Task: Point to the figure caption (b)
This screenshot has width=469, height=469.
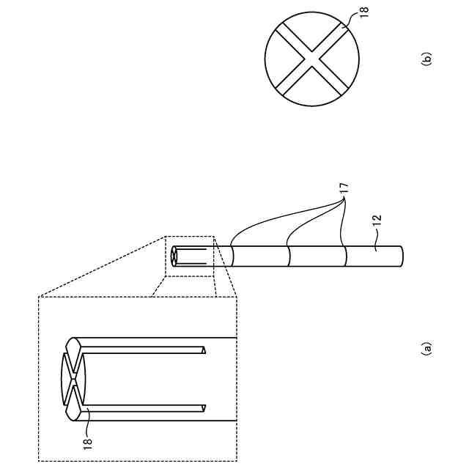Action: click(x=426, y=58)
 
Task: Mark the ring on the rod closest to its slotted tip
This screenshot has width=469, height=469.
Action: click(x=232, y=256)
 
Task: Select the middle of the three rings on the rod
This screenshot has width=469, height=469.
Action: click(x=289, y=256)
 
